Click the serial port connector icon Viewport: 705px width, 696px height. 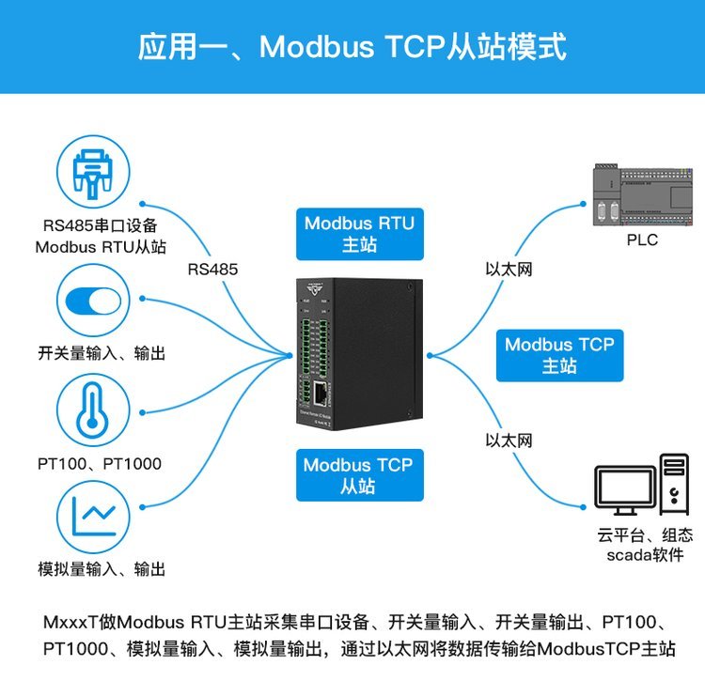pyautogui.click(x=92, y=176)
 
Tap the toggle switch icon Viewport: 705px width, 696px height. pyautogui.click(x=92, y=301)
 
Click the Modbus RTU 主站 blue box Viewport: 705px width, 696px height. pyautogui.click(x=358, y=234)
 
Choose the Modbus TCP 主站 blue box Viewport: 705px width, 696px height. pyautogui.click(x=558, y=355)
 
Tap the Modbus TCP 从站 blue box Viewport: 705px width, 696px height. pyautogui.click(x=357, y=474)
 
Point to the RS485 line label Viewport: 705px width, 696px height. pyautogui.click(x=212, y=270)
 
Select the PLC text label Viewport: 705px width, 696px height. pyautogui.click(x=642, y=240)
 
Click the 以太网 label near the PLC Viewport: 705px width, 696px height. pyautogui.click(x=509, y=270)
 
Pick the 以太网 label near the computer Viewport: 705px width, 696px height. pyautogui.click(x=509, y=440)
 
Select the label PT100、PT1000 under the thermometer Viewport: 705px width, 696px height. pyautogui.click(x=100, y=463)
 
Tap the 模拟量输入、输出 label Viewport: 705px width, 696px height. pyautogui.click(x=102, y=568)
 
